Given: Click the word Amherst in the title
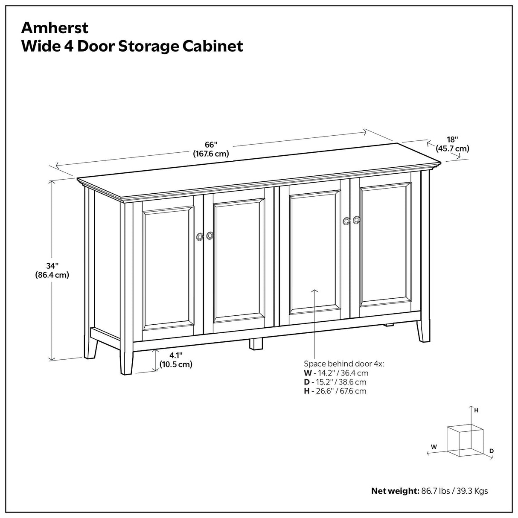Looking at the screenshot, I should click(55, 27).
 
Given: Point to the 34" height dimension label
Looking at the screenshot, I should click(52, 271).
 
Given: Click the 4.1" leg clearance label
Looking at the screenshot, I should click(176, 360).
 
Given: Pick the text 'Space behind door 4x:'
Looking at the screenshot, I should click(344, 364).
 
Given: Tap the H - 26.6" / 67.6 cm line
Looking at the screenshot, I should click(335, 391).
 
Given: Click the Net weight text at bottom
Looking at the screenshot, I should click(429, 491).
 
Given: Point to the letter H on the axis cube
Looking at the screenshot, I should click(476, 410).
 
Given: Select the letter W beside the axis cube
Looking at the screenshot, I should click(434, 446).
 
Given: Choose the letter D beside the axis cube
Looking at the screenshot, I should click(491, 451).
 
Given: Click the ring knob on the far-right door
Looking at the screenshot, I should click(356, 219).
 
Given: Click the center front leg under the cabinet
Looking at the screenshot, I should click(256, 343).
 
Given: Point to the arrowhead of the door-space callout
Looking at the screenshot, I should click(315, 290).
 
